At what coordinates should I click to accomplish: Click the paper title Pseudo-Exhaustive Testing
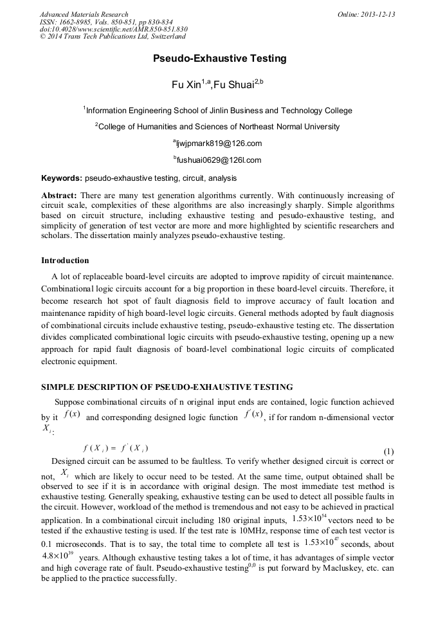click(219, 59)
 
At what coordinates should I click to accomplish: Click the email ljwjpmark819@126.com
click(219, 143)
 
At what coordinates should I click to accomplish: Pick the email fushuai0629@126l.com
click(219, 160)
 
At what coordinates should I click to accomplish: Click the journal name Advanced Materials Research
click(84, 14)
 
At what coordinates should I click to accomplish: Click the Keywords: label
click(62, 178)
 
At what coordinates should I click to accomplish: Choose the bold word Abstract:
click(59, 195)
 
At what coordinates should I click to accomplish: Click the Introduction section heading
click(65, 261)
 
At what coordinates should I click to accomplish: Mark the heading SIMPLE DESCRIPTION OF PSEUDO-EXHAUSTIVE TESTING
click(167, 387)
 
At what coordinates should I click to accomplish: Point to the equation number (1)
click(388, 451)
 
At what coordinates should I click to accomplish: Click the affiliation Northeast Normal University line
click(219, 127)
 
